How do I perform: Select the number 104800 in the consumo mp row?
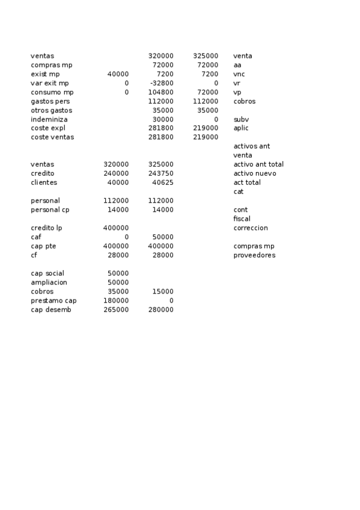pos(160,92)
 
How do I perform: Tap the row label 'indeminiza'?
pos(49,119)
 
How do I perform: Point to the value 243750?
pos(160,173)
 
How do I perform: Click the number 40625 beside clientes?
pos(163,182)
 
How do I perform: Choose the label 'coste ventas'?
pos(52,137)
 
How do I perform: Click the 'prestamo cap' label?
pos(53,300)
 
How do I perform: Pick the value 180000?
pos(116,300)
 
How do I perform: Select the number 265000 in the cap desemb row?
pos(116,309)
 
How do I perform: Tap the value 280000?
pos(160,309)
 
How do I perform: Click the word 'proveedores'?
pos(254,255)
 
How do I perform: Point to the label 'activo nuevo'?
pos(255,173)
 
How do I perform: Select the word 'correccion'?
pos(251,228)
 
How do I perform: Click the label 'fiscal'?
pos(242,219)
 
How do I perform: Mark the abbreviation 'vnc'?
pos(239,74)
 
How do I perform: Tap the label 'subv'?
pos(240,119)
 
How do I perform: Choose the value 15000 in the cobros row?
pos(163,291)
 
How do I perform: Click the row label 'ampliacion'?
pos(49,282)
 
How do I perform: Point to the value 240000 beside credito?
pos(116,173)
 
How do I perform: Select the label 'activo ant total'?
pos(258,164)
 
